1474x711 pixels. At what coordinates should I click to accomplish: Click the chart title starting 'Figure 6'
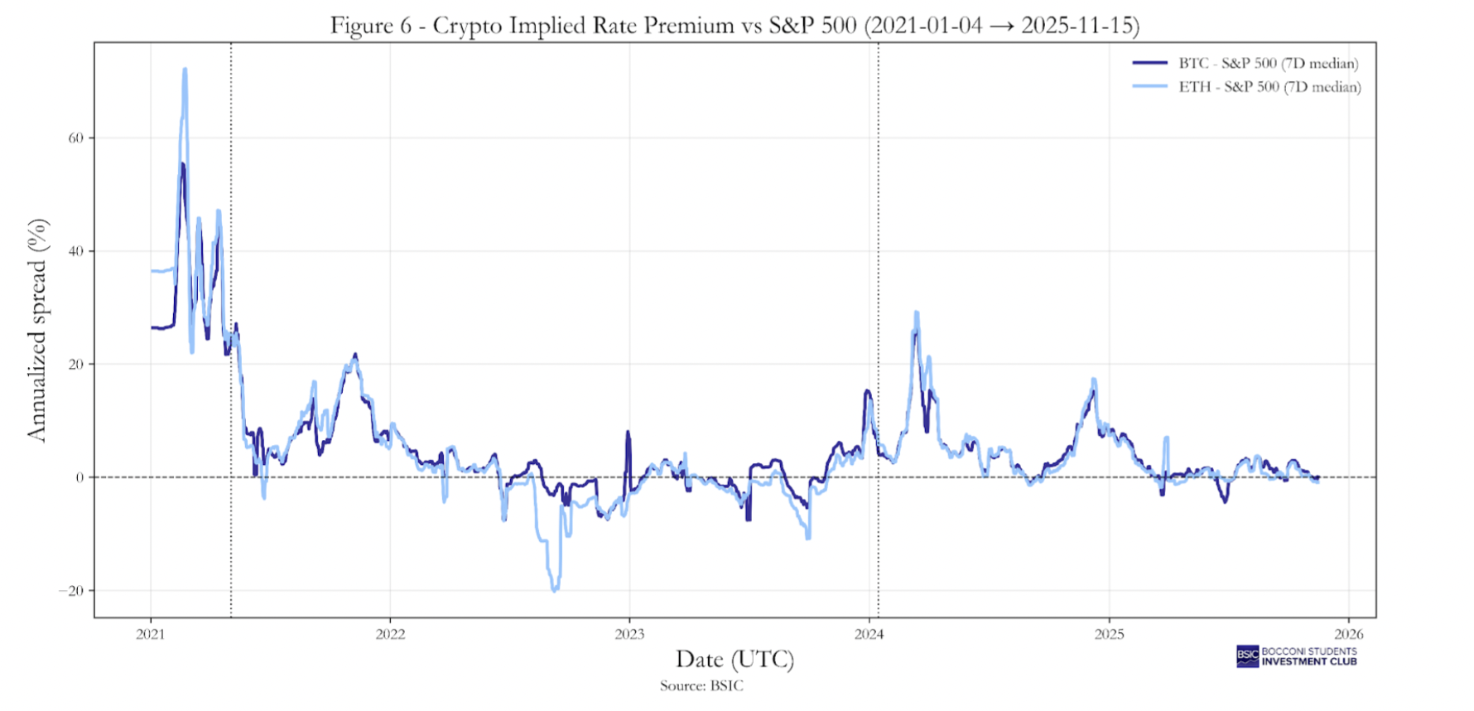point(735,26)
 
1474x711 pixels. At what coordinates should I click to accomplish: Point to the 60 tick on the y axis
point(75,138)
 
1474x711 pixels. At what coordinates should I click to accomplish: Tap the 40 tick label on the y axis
point(75,251)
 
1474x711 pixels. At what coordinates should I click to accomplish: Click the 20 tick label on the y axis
point(75,365)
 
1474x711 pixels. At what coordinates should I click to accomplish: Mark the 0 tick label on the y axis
point(79,477)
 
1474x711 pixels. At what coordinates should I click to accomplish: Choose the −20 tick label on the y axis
point(71,591)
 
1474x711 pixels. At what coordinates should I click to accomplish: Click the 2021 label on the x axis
point(151,635)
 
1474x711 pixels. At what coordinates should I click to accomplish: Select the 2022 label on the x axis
point(390,635)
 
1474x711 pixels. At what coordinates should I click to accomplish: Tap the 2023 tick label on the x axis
point(629,635)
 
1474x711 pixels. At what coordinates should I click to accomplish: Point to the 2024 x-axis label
point(869,635)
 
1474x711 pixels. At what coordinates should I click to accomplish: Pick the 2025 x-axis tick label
point(1110,635)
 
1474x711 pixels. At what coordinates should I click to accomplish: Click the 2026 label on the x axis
point(1349,635)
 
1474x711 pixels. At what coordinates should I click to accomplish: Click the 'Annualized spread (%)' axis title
point(37,330)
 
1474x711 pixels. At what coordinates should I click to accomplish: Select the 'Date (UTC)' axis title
point(735,660)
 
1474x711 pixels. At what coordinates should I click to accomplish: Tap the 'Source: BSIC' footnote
point(701,686)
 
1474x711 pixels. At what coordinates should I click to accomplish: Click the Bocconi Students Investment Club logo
point(1297,656)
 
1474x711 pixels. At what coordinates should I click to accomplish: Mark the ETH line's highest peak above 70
point(185,70)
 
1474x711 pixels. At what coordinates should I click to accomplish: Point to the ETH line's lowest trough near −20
point(554,590)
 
